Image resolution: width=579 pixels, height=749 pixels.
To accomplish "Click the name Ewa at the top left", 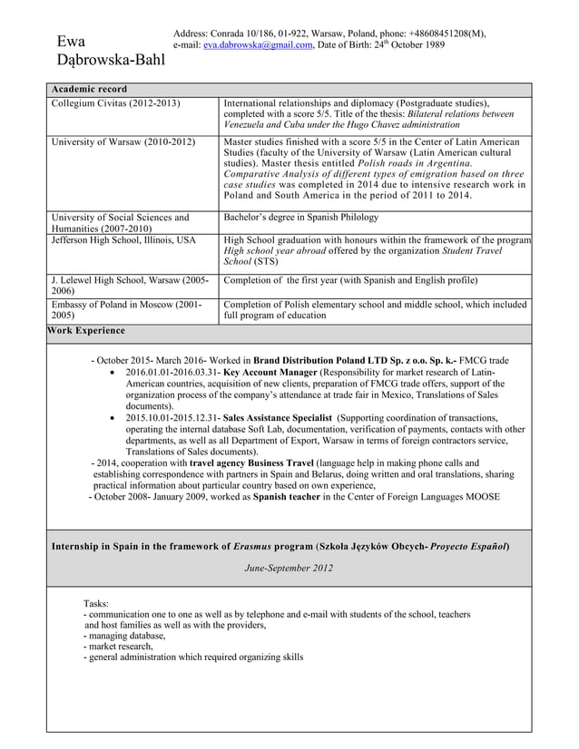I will (x=72, y=42).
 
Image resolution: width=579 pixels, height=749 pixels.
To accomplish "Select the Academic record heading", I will (x=89, y=89).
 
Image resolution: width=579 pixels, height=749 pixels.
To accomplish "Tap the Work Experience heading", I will (x=87, y=330).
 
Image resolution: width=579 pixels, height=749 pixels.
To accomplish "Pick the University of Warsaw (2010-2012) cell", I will (x=123, y=142).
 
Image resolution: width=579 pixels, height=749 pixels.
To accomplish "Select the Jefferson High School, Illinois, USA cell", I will (x=123, y=240).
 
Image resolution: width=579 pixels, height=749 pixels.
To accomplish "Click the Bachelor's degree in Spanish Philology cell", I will (x=300, y=218).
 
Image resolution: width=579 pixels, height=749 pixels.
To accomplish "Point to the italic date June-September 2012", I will (x=289, y=569).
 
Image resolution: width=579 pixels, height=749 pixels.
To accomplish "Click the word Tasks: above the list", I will (x=96, y=603).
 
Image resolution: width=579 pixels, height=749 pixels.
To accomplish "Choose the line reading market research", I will (x=119, y=647).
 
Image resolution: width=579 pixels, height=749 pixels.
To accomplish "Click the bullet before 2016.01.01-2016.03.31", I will (x=112, y=373).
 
